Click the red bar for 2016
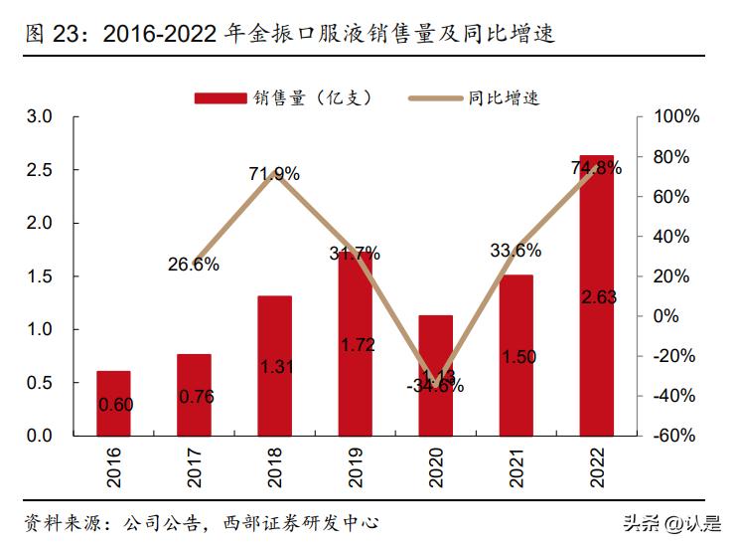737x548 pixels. [113, 403]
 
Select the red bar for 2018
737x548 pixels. [274, 365]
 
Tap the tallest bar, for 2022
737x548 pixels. [597, 295]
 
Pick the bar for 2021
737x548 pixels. [516, 355]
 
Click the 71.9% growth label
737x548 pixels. [274, 174]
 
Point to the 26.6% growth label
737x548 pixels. [194, 265]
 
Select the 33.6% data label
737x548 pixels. [516, 251]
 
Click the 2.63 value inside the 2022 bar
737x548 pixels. [597, 295]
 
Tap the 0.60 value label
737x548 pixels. [113, 404]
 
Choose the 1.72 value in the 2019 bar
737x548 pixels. [355, 346]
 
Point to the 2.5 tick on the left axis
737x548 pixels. [39, 170]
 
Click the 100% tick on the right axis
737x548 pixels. [676, 117]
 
